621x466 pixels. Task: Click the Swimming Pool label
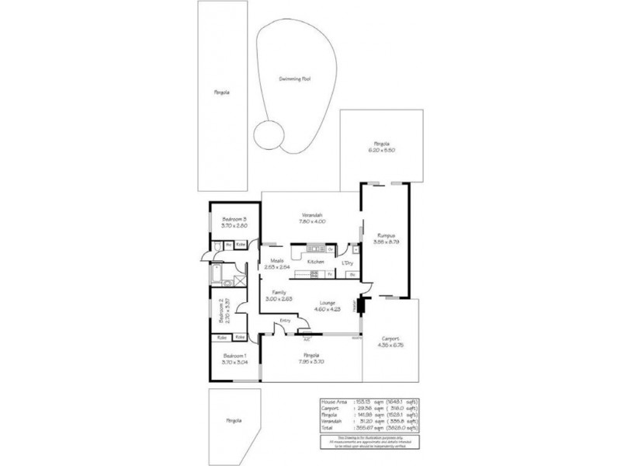pos(295,79)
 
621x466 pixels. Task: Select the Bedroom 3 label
pos(234,221)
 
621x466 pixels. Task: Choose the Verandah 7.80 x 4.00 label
pos(313,218)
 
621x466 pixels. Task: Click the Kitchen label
pos(315,262)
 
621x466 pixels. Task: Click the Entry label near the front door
pos(286,320)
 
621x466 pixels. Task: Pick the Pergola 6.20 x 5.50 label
pos(381,146)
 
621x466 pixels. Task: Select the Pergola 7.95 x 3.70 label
pos(312,358)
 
